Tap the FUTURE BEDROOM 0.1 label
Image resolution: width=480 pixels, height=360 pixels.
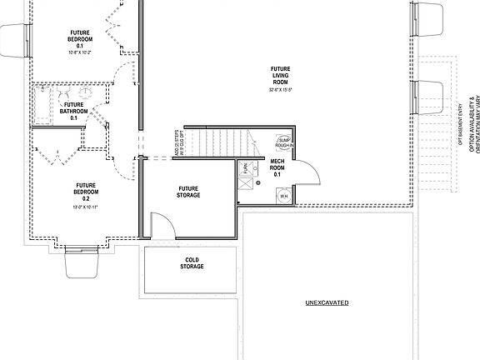(x=80, y=37)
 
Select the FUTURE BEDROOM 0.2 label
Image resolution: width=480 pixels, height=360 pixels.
(x=86, y=192)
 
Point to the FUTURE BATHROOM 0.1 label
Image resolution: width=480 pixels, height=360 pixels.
(x=73, y=111)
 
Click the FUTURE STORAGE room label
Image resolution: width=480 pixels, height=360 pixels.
(x=188, y=192)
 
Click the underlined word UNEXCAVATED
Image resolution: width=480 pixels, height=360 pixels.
(x=326, y=302)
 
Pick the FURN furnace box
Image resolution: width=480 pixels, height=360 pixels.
(x=246, y=169)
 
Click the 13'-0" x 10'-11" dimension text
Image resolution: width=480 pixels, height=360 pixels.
(x=86, y=205)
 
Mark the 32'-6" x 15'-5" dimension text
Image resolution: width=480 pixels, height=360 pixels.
(x=279, y=90)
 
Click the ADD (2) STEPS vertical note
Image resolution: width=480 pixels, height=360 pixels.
(x=177, y=143)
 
